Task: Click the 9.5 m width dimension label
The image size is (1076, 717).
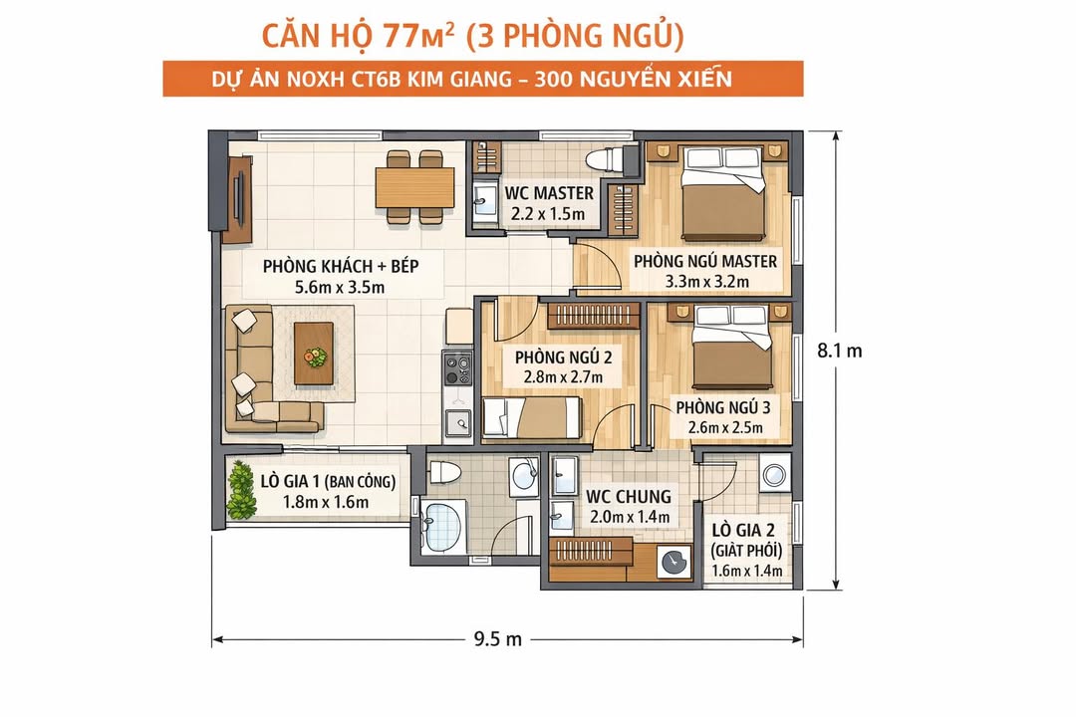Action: pos(499,639)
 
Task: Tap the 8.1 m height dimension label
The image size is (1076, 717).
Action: pos(839,351)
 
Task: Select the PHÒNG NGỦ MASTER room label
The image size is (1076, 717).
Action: pos(705,261)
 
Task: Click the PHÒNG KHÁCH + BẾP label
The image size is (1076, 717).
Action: pos(340,267)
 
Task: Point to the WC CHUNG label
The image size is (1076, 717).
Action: pos(628,496)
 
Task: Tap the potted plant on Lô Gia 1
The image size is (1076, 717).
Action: pos(240,490)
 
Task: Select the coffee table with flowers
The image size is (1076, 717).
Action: pos(315,353)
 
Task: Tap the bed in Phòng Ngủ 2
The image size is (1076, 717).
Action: pos(531,417)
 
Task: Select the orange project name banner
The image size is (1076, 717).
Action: pos(483,79)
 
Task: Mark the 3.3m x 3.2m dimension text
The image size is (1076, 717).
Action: pos(705,282)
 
